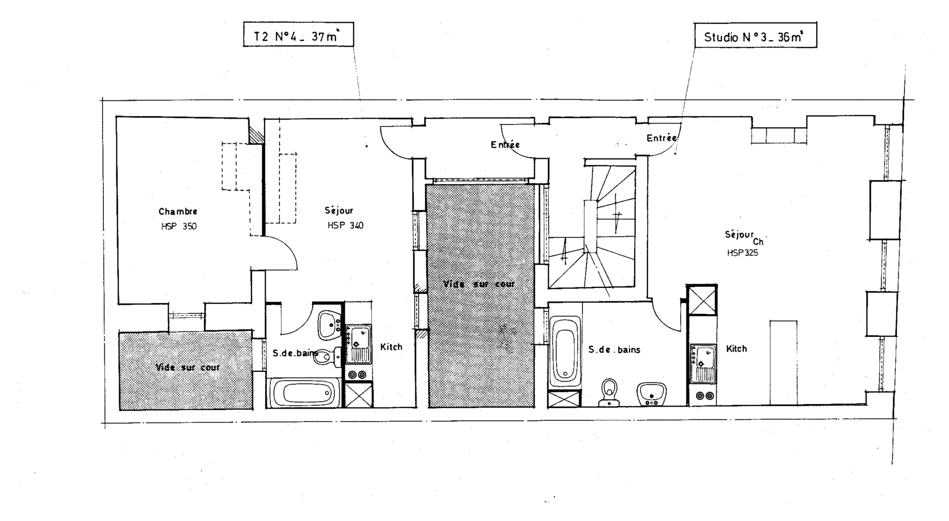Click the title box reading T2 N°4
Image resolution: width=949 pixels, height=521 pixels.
(298, 35)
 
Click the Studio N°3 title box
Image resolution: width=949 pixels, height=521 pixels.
(755, 35)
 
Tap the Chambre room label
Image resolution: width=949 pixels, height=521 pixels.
(178, 211)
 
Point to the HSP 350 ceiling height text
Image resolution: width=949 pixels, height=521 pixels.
(179, 227)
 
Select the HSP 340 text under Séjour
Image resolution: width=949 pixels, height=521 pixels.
(345, 226)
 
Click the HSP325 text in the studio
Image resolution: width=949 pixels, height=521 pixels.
(742, 253)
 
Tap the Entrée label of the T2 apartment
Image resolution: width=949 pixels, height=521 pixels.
(505, 144)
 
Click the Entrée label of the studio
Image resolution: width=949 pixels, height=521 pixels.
(662, 138)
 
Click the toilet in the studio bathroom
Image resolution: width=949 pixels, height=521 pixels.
(609, 392)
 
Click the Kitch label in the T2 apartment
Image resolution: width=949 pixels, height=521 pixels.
(391, 347)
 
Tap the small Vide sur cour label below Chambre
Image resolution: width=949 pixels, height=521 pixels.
(188, 368)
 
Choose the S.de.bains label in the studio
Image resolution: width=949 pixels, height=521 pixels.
(614, 349)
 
